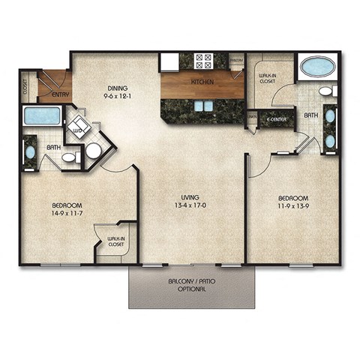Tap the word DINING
pyautogui.click(x=116, y=86)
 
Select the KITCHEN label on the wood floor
pyautogui.click(x=202, y=82)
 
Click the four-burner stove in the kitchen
pyautogui.click(x=204, y=61)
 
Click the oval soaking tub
pyautogui.click(x=319, y=67)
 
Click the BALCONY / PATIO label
pyautogui.click(x=193, y=282)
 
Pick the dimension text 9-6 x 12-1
pyautogui.click(x=116, y=95)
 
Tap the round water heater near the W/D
pyautogui.click(x=94, y=151)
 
